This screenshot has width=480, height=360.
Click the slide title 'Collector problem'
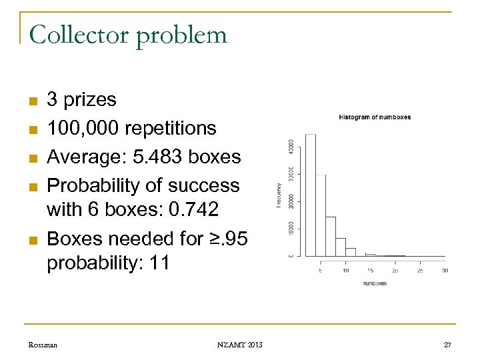[128, 35]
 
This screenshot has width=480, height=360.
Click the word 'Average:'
[83, 157]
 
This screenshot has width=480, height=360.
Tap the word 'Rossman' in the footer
[43, 344]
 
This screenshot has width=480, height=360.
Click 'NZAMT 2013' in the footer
[239, 344]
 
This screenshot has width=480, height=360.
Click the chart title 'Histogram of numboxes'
[375, 117]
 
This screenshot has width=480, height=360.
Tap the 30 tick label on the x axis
[445, 270]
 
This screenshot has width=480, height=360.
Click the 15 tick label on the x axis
[370, 270]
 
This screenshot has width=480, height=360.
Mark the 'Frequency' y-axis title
[279, 195]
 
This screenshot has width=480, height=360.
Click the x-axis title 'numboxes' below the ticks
[374, 283]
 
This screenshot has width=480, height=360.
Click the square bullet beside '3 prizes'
[31, 101]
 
